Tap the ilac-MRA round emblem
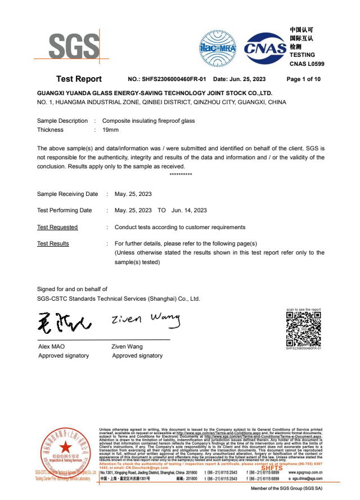217,47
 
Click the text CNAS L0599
307,64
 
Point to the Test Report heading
79,79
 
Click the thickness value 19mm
110,130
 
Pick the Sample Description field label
62,121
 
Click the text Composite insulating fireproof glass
148,121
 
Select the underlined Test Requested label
57,227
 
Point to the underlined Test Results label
53,244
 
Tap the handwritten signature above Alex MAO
62,323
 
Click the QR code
303,329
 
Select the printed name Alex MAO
51,347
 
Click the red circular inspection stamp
66,450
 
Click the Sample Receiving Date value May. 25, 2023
133,194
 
